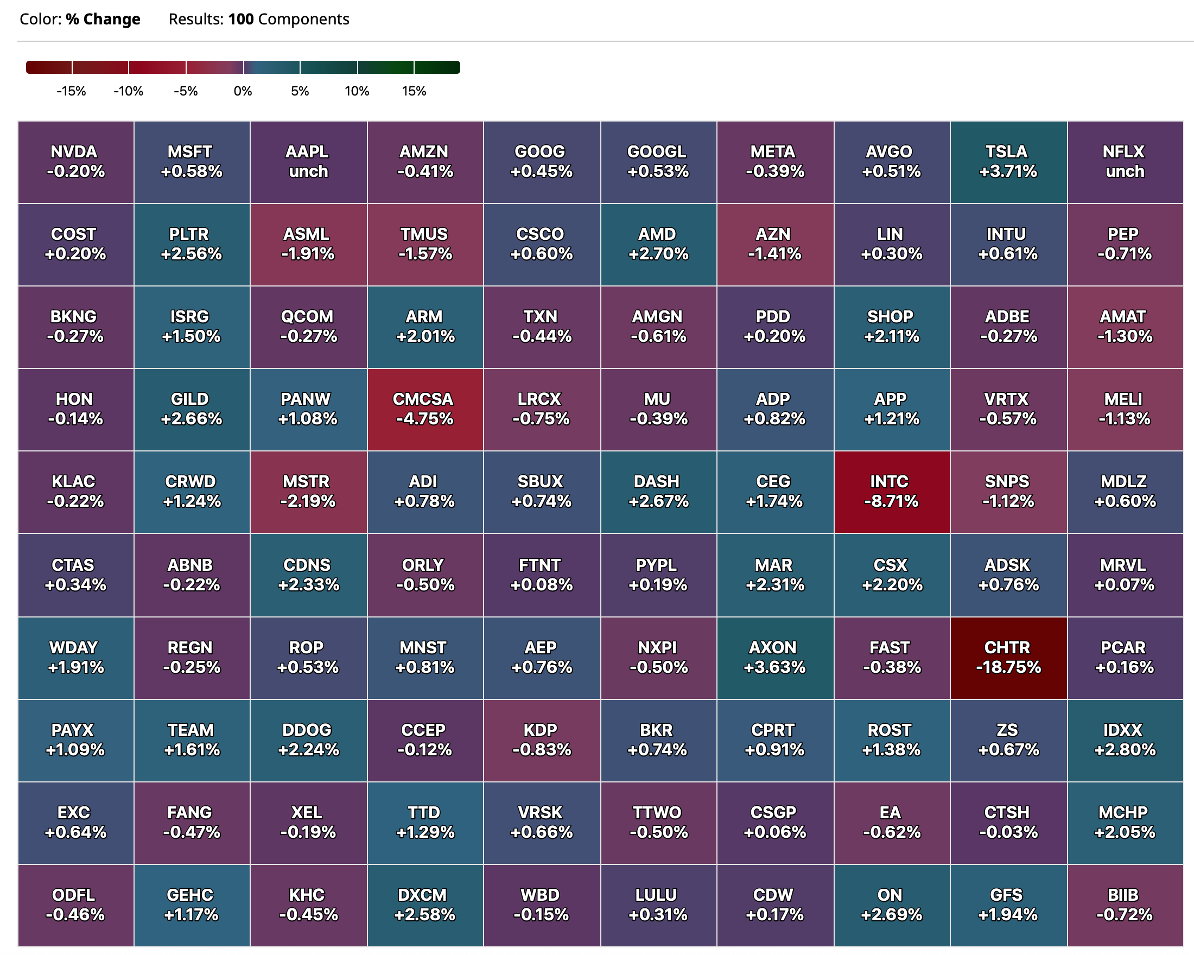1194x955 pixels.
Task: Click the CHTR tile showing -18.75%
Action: (1008, 657)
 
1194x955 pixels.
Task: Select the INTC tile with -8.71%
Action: (891, 492)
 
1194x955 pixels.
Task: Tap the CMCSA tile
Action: (424, 409)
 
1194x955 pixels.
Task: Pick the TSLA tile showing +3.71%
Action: (1008, 162)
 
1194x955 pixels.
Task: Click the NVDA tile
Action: (75, 162)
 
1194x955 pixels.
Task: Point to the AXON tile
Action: (774, 657)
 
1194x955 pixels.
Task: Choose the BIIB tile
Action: (1124, 905)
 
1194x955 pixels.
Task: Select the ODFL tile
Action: (75, 905)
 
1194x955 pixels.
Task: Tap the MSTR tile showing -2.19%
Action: (308, 492)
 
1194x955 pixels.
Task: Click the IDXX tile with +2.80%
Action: (1124, 740)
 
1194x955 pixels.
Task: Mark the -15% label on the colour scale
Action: (71, 91)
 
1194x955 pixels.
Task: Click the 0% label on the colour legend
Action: (243, 91)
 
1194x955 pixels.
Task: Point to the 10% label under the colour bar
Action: (357, 91)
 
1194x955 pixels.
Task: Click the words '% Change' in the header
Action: (103, 20)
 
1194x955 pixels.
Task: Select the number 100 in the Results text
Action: (241, 20)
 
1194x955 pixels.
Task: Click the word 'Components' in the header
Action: (303, 20)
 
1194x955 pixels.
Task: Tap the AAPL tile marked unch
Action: (308, 162)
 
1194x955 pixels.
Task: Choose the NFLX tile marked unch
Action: (1124, 162)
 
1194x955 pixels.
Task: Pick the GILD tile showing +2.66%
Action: (191, 409)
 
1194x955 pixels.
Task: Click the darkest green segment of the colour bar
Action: (437, 67)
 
